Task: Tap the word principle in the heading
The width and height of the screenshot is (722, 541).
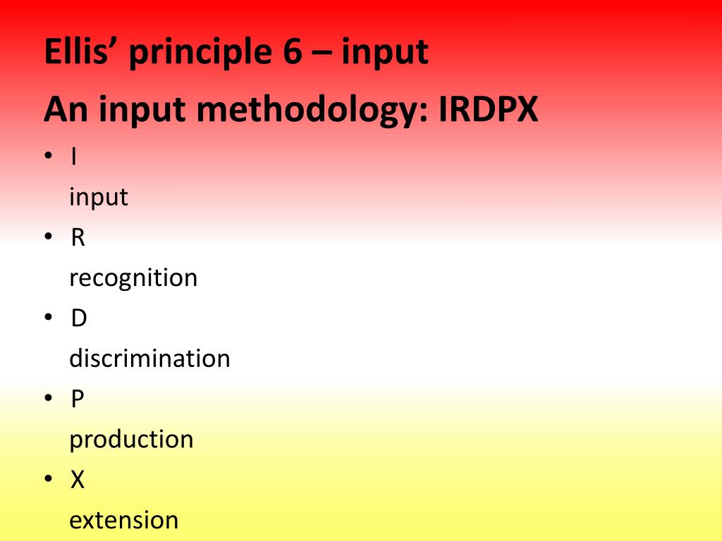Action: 200,54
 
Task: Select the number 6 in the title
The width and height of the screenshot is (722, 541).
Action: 293,51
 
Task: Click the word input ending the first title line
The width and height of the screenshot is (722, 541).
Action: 385,54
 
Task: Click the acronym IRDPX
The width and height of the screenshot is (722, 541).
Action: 488,109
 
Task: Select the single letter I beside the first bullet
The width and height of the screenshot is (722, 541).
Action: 74,157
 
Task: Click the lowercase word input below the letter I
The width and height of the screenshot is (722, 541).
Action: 99,198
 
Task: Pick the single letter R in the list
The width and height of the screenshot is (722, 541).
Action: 78,238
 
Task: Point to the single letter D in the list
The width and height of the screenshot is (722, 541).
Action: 79,318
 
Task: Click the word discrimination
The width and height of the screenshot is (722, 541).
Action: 149,359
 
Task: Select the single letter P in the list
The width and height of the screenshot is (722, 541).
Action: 78,399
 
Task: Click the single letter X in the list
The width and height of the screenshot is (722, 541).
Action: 78,480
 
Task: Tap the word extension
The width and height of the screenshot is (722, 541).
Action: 124,521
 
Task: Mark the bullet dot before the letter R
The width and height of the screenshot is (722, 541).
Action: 49,237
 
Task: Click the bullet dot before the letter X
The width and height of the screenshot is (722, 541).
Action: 49,479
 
